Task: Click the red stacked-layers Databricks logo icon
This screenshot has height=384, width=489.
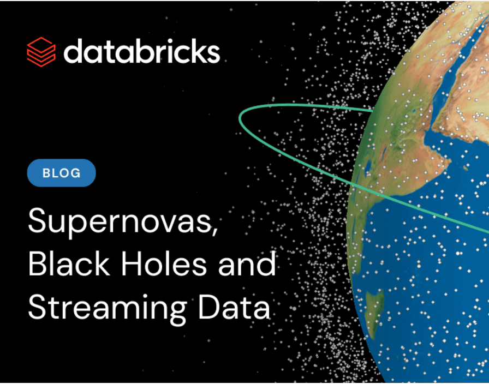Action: coord(41,52)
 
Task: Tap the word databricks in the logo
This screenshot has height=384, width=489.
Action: coord(141,52)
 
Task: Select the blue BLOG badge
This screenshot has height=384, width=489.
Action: coord(61,173)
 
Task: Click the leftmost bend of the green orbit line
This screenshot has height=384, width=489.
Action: coord(241,116)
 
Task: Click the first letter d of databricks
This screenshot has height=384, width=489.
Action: coord(73,52)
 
